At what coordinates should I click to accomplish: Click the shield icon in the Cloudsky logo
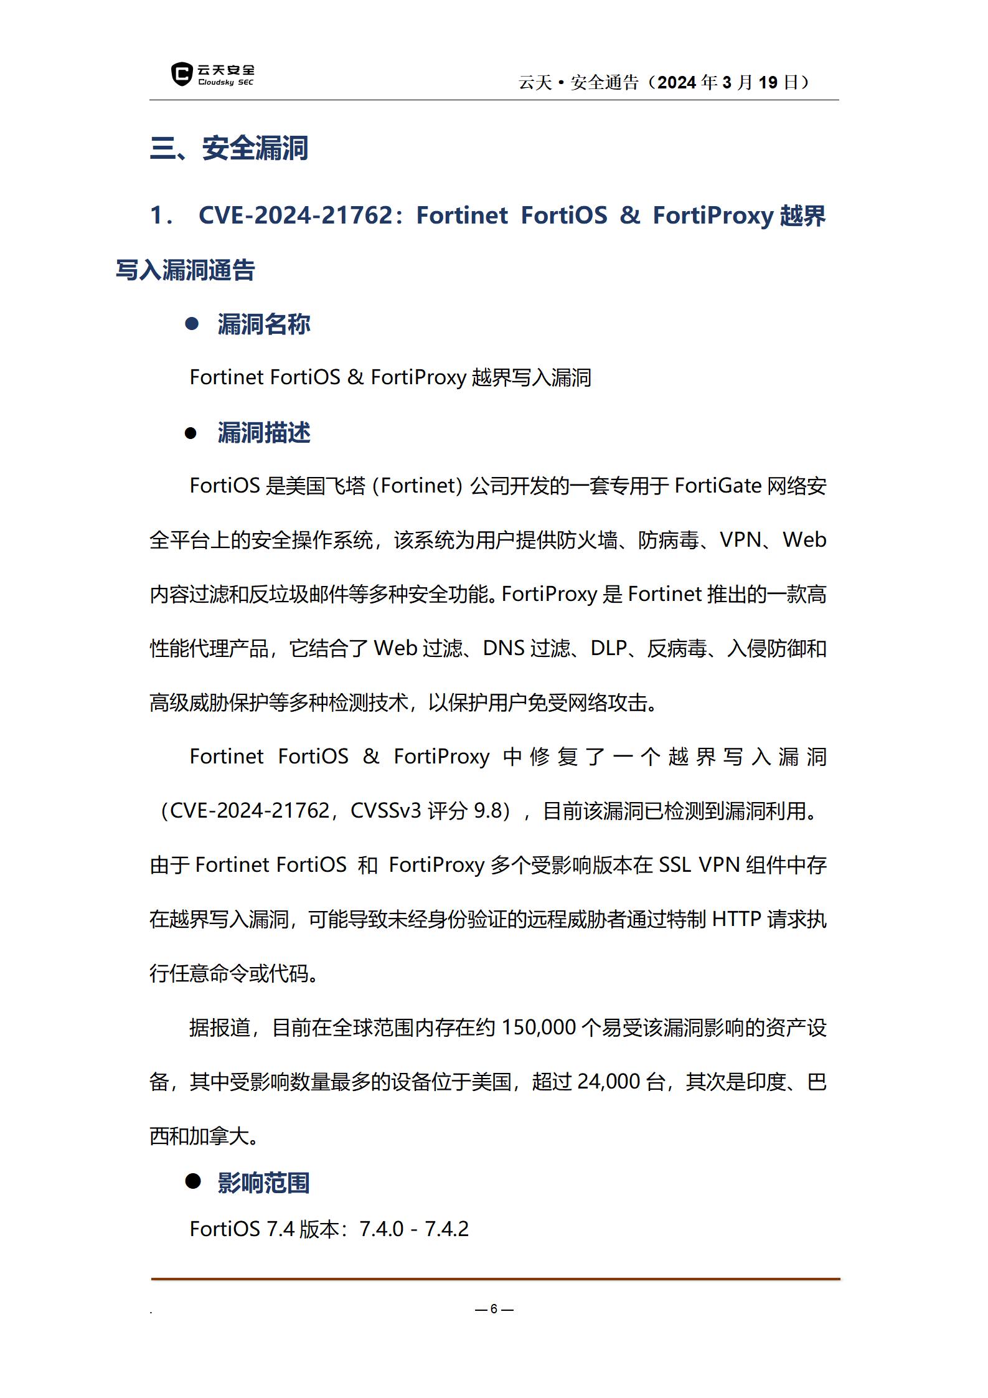pyautogui.click(x=181, y=74)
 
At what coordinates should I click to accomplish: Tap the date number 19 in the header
pyautogui.click(x=768, y=82)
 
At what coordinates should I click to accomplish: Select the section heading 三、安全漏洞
pyautogui.click(x=229, y=148)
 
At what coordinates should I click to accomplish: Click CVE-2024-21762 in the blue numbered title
pyautogui.click(x=295, y=215)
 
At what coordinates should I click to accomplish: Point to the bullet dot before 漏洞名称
pyautogui.click(x=192, y=323)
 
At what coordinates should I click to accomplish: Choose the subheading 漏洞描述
pyautogui.click(x=263, y=433)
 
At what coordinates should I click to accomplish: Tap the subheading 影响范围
pyautogui.click(x=263, y=1183)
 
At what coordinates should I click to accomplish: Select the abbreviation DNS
pyautogui.click(x=504, y=648)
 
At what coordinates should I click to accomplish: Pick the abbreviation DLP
pyautogui.click(x=608, y=648)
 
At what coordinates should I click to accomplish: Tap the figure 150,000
pyautogui.click(x=539, y=1027)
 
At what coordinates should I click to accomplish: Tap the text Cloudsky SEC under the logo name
pyautogui.click(x=225, y=82)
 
